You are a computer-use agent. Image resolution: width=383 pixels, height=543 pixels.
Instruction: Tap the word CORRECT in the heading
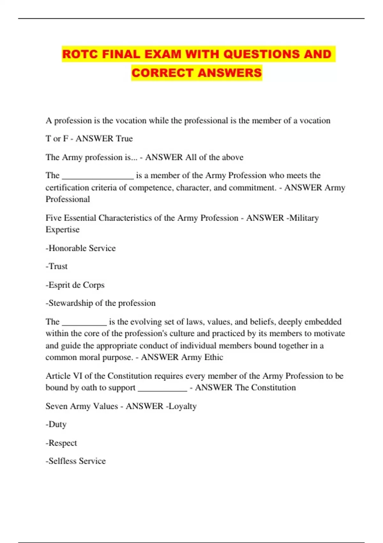point(162,73)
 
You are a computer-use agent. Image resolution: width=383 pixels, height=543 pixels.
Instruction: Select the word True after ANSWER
point(124,139)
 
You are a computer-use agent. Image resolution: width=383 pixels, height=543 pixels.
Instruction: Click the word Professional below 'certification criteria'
point(68,199)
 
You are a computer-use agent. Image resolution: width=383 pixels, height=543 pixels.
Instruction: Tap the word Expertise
point(63,230)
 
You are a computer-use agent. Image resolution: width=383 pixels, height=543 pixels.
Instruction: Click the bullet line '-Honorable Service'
point(81,248)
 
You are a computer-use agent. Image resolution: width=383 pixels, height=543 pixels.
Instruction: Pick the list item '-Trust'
point(56,266)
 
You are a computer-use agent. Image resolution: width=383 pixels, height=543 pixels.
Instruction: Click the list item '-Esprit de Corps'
point(75,285)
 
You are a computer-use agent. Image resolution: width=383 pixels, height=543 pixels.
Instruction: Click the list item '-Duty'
point(56,424)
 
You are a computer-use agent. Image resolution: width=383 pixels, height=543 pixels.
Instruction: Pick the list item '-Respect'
point(61,443)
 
